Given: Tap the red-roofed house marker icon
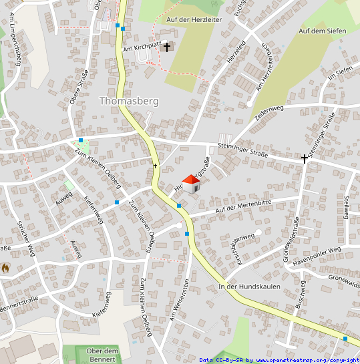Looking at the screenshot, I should pos(191,184).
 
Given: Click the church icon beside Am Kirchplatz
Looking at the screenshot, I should pos(167,47).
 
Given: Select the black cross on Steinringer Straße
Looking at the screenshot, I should pos(305,158).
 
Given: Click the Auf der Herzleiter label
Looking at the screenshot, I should pos(194,21).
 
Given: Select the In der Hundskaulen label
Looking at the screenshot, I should pos(249,287).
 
